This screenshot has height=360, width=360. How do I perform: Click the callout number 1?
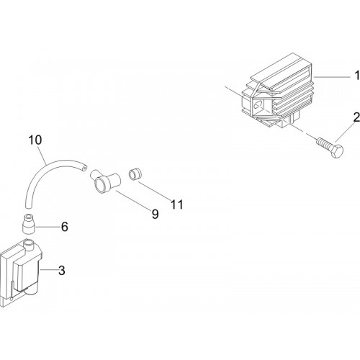click(357, 75)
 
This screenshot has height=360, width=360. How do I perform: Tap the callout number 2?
click(356, 117)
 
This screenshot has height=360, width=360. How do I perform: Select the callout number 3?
click(62, 271)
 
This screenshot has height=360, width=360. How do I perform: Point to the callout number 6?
click(65, 227)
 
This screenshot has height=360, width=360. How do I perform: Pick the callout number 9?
click(156, 214)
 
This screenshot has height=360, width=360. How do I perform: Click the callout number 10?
click(35, 140)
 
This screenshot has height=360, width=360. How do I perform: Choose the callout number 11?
click(177, 204)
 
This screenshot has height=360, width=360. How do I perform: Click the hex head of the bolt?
click(337, 151)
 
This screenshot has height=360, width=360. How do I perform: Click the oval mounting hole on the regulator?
click(258, 105)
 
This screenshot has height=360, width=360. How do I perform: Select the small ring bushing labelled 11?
click(135, 174)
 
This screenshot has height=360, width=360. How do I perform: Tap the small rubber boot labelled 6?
click(29, 224)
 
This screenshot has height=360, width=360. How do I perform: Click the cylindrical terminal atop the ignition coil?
click(30, 245)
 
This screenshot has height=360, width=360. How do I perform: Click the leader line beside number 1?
click(332, 77)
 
